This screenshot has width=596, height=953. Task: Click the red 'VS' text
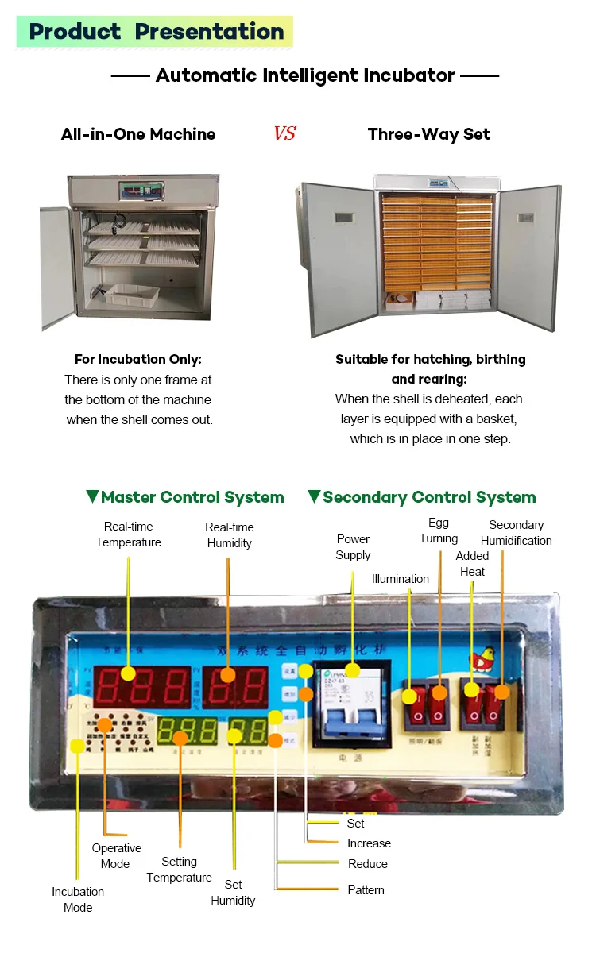[284, 133]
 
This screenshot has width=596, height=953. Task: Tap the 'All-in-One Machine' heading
[138, 134]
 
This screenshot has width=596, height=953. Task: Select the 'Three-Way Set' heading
[429, 134]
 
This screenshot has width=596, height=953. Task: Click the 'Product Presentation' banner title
[157, 32]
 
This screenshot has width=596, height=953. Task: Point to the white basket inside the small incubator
[132, 295]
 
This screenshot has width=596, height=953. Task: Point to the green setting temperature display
[188, 731]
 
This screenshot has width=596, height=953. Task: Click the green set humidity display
[246, 731]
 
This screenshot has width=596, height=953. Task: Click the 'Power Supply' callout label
[353, 547]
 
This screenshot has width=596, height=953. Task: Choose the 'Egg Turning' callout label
[439, 531]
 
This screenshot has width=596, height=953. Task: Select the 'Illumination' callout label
[401, 579]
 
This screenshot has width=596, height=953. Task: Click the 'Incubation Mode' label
[78, 900]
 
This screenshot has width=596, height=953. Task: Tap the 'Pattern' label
[366, 890]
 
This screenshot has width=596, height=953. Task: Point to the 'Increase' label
[369, 843]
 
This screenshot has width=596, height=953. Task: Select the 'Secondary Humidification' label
[517, 533]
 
